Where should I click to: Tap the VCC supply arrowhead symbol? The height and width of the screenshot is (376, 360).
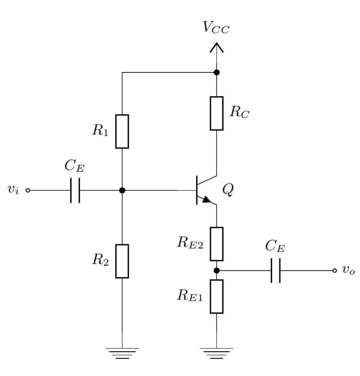coord(216,46)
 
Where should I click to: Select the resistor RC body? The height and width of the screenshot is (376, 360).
coord(216,113)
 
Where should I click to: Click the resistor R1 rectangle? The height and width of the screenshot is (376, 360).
coord(122,131)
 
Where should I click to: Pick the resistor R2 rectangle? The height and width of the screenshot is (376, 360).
coord(122,261)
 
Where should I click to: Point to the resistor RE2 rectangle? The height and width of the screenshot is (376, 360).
coord(216,244)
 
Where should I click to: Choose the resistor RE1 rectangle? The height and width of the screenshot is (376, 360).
coord(216,296)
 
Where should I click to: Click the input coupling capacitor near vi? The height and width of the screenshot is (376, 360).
coord(75,190)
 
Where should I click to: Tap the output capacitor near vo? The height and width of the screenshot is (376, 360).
coord(276,271)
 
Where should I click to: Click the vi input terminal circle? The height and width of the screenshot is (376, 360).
coord(28,190)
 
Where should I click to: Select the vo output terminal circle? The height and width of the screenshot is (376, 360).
coord(334,271)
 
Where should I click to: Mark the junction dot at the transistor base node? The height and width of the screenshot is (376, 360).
coord(122,190)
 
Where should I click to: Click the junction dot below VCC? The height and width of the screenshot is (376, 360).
coord(216,72)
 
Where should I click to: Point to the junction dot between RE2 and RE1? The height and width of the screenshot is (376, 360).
coord(216,271)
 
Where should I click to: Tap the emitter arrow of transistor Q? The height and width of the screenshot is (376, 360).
coord(206,200)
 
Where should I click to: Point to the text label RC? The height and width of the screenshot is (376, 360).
coord(239,112)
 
